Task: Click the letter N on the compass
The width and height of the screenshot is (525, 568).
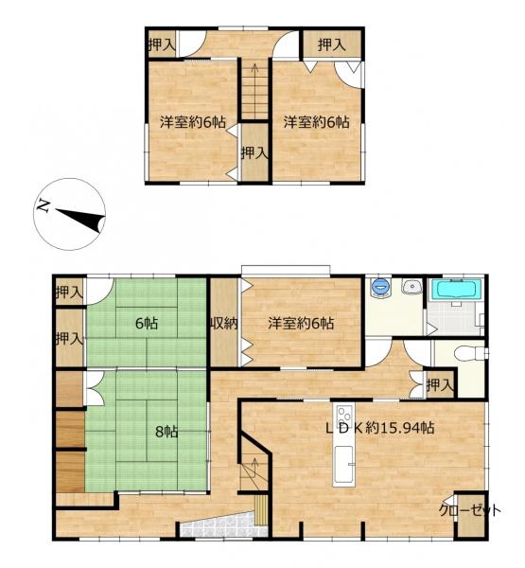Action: point(44,205)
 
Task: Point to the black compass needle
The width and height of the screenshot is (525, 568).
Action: point(80,218)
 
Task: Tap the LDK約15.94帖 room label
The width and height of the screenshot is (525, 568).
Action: point(380,428)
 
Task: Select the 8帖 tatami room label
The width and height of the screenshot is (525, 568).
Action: point(166,432)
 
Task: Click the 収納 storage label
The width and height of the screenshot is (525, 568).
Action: point(224,323)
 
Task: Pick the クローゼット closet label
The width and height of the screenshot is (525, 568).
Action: point(470,511)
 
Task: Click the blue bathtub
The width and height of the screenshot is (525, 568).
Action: point(456,290)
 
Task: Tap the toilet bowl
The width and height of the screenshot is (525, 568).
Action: point(468,353)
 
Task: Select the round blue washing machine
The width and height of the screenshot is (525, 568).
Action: point(380,288)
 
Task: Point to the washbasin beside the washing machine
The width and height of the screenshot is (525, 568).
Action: point(411,286)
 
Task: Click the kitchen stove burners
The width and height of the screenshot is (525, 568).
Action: point(344,414)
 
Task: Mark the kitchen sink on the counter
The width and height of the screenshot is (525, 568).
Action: point(343,464)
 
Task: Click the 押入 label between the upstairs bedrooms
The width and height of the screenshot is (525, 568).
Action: point(254,153)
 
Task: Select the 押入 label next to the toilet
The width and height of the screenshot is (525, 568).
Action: point(440,384)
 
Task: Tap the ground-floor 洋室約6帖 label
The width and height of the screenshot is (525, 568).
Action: point(301,323)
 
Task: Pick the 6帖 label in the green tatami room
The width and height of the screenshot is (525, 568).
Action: point(147,323)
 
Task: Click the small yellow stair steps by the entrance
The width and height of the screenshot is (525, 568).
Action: point(261,510)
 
